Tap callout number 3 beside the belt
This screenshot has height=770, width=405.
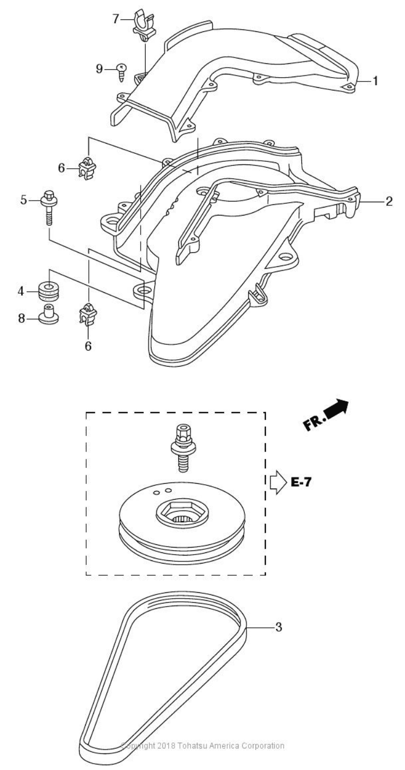278,627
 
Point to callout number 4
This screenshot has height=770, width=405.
20,291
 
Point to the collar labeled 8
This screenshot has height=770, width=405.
48,315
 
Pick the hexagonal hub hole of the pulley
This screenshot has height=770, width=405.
183,514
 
